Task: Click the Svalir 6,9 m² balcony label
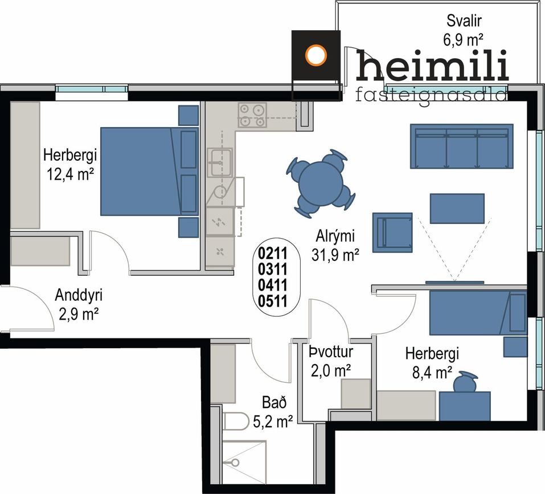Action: (x=464, y=30)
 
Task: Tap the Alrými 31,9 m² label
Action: (x=335, y=246)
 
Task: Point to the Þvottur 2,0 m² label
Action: (x=330, y=362)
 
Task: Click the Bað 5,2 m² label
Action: (x=273, y=413)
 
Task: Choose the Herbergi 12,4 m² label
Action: (x=70, y=165)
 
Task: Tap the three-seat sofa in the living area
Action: (x=462, y=146)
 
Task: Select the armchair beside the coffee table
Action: (x=392, y=232)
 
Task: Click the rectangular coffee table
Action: (x=457, y=209)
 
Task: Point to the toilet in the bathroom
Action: (x=236, y=421)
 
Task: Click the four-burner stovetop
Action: (x=252, y=115)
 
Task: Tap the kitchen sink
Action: (x=220, y=162)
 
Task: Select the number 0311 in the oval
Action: (x=273, y=270)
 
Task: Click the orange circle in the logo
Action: (x=316, y=55)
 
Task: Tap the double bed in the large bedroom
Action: (x=149, y=171)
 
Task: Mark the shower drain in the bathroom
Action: (x=235, y=462)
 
